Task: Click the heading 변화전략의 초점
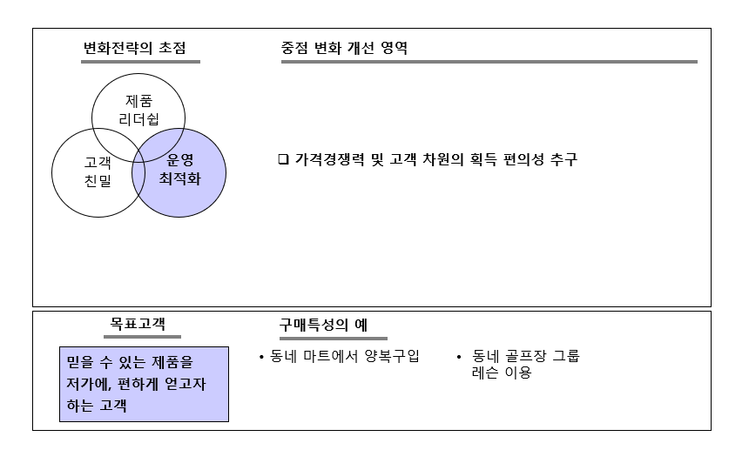(x=134, y=47)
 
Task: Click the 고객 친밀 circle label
(x=98, y=171)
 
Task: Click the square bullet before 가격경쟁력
(x=282, y=160)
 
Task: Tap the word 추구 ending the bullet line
(x=563, y=160)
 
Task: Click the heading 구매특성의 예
(x=323, y=325)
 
